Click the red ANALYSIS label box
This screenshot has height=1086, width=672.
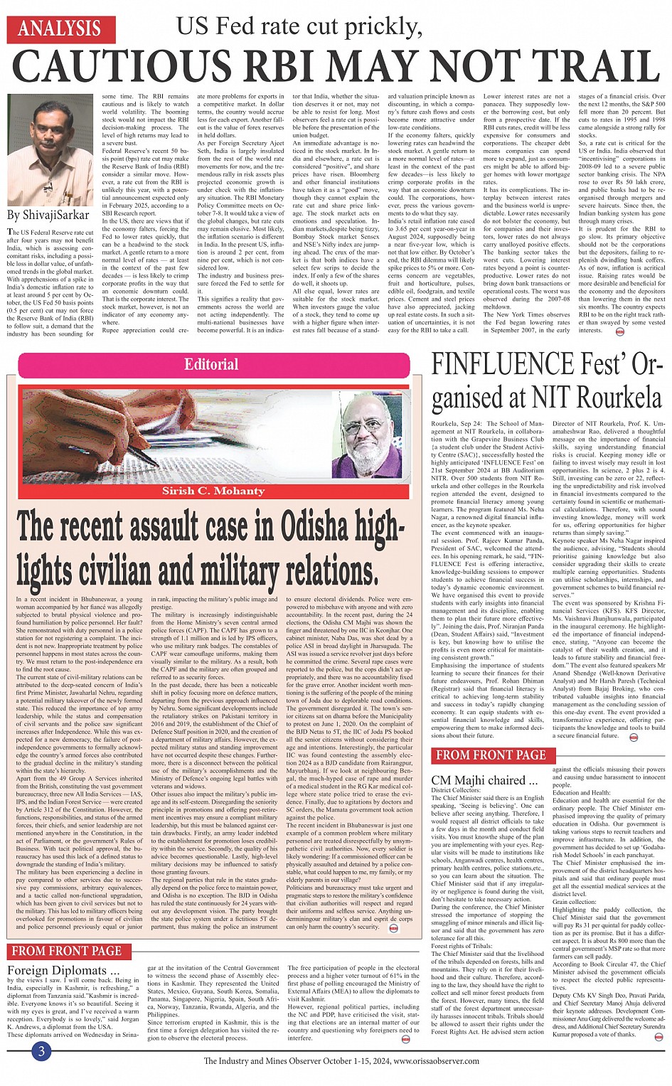coord(60,29)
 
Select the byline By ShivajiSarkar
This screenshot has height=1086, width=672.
coord(48,215)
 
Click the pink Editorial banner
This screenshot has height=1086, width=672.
coord(211,365)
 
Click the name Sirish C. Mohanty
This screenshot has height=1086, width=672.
coord(213,491)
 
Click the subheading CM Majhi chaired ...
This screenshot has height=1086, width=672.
coord(484,780)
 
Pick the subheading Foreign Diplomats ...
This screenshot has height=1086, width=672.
coord(63,970)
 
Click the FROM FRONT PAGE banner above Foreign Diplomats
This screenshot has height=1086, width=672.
coord(66,951)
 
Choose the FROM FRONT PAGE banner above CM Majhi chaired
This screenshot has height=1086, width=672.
coord(491,755)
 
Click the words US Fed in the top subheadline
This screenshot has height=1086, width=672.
coord(219,26)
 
